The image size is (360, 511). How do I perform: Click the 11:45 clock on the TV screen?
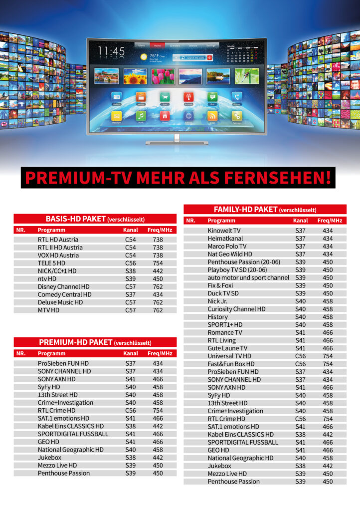point(111,51)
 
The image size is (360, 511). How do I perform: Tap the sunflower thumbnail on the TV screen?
point(135,76)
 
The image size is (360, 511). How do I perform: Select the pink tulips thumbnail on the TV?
point(163,76)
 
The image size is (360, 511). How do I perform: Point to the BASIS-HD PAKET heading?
point(74,219)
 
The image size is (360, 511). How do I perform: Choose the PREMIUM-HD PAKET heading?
point(75,342)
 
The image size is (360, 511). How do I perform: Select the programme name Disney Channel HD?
point(63,286)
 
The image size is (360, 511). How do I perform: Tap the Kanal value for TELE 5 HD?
point(130,263)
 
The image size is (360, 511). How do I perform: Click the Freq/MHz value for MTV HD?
point(158,310)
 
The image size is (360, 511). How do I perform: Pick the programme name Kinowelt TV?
point(224,231)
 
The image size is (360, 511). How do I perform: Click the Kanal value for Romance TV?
point(300,332)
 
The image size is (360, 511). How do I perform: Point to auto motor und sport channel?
point(248,277)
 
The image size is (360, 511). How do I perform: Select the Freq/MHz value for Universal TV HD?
point(328,356)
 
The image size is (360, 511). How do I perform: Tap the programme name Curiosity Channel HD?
point(236,309)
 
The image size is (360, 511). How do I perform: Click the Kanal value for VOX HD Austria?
point(130,255)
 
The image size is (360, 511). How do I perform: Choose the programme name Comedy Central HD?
point(64,294)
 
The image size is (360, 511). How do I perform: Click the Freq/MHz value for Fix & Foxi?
point(328,285)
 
